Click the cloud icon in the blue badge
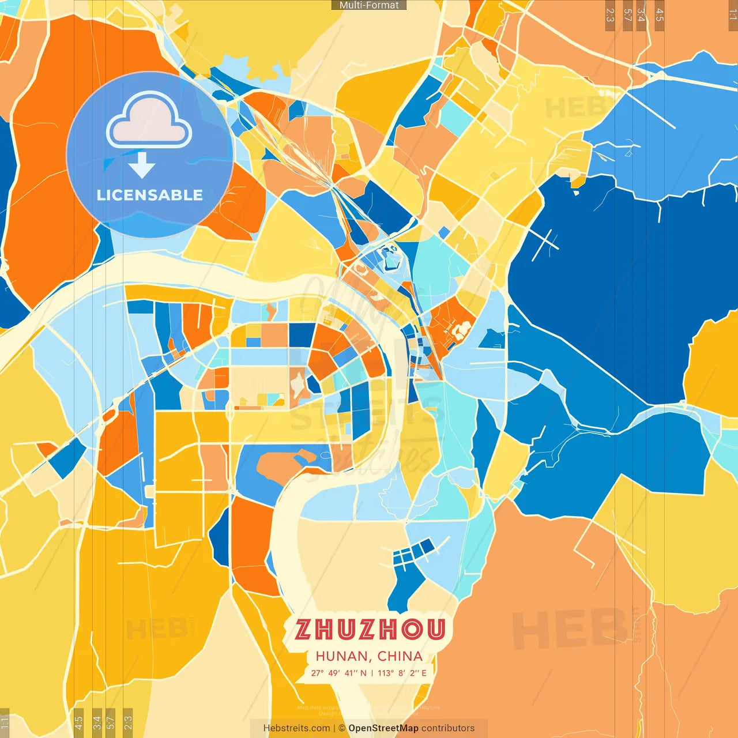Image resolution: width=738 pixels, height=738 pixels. pos(149,121)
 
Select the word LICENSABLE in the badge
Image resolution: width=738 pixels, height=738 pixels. pos(150,195)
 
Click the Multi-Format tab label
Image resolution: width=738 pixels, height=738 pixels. pos(369,5)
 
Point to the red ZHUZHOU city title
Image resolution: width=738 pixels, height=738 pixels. pos(370,630)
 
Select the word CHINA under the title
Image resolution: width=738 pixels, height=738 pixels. pos(400,656)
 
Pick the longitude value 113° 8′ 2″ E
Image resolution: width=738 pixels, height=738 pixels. pos(402,673)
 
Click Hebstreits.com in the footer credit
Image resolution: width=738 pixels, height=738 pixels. pos(297,728)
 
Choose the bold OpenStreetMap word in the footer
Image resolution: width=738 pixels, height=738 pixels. pos(383,728)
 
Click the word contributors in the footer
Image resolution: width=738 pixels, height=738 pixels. pos(448,728)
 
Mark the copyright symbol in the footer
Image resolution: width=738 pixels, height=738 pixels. pos(342,728)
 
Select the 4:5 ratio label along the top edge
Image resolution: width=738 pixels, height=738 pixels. pos(660,15)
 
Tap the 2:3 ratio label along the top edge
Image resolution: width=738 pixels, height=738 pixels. pos(610,15)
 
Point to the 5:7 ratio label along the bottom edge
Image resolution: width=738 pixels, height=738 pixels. pos(110,722)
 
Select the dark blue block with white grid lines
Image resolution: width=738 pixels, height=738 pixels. pos(413,553)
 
